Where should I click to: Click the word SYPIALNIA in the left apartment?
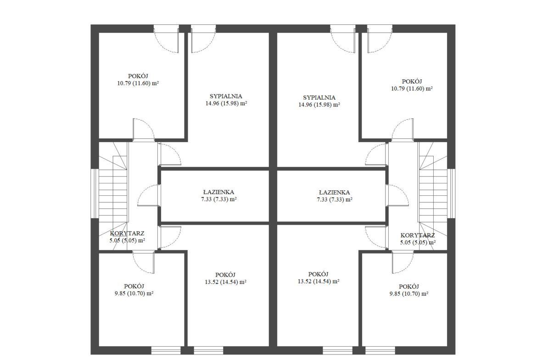[x=226, y=96]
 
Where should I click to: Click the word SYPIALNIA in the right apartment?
[x=319, y=98]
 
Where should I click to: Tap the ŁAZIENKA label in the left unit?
[x=218, y=192]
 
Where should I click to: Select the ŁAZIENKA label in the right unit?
[x=334, y=193]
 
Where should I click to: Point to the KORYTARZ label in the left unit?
[x=127, y=233]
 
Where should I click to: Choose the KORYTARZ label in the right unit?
[x=418, y=235]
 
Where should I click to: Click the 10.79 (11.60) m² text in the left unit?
[x=138, y=83]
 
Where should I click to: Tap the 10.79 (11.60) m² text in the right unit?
[x=412, y=89]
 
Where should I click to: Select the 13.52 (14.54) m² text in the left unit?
[x=226, y=282]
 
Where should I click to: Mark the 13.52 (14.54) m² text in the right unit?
[x=319, y=282]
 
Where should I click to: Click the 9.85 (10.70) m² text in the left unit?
[x=134, y=294]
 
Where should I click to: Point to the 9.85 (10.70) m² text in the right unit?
[x=409, y=294]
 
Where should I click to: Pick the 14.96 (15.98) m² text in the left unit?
[x=226, y=103]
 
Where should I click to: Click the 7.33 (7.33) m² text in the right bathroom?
[x=335, y=200]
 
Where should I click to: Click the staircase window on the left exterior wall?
[x=95, y=194]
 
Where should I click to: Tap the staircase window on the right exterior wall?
[x=451, y=194]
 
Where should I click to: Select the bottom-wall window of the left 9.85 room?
[x=166, y=350]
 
